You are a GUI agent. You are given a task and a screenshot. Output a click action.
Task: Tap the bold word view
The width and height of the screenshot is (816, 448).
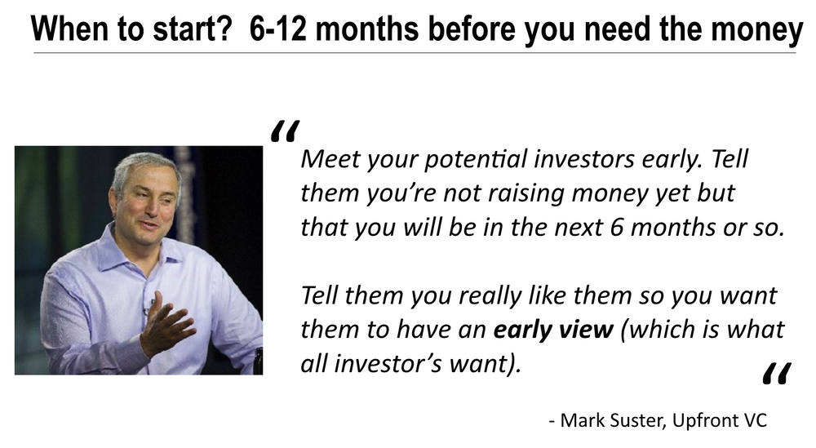tap(584, 329)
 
